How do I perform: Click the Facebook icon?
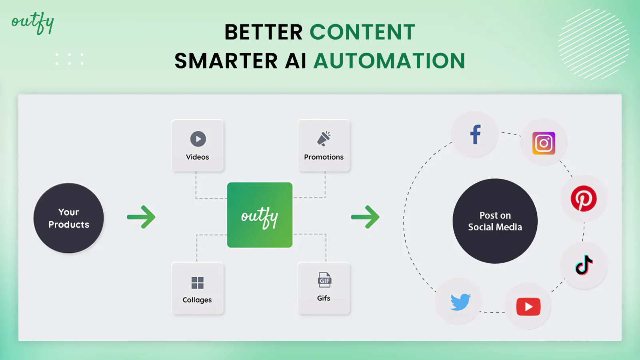[476, 134]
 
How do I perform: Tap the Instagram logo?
[544, 143]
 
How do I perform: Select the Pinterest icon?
[584, 198]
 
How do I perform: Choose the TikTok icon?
[584, 265]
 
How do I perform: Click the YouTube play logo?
[528, 306]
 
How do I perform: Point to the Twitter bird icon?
[460, 302]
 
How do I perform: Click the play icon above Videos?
[198, 139]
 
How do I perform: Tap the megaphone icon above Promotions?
[324, 139]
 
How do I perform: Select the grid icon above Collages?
[198, 283]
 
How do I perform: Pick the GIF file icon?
[324, 280]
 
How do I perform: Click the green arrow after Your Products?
[141, 217]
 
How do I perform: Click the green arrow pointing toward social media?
[365, 217]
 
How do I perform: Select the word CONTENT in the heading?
[362, 32]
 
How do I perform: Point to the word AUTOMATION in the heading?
[390, 61]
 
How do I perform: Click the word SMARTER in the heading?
[226, 61]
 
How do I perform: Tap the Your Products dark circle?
[68, 218]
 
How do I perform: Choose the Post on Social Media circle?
[495, 221]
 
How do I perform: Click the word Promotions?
[324, 157]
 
